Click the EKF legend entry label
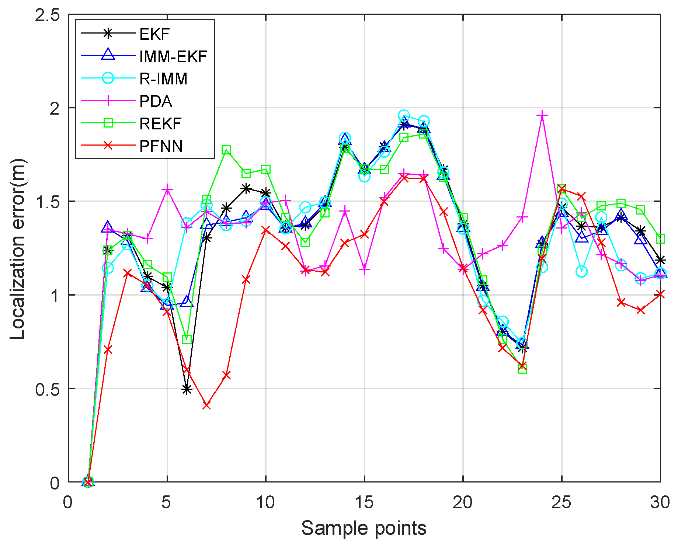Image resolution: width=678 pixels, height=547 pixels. click(x=154, y=34)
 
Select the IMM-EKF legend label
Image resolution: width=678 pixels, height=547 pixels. click(x=173, y=57)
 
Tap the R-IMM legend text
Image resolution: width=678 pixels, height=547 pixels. click(x=163, y=79)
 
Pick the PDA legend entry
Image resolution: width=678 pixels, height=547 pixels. click(x=156, y=101)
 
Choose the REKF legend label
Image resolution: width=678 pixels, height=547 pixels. click(x=160, y=124)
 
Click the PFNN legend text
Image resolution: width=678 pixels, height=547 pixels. click(x=161, y=146)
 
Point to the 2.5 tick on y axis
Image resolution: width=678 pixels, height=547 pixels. click(x=47, y=15)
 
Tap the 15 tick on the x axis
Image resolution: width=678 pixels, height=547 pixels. click(x=364, y=502)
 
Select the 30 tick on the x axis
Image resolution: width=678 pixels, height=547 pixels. click(x=660, y=502)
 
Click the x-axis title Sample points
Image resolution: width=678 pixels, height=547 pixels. click(x=364, y=528)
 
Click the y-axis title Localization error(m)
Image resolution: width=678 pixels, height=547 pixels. click(x=17, y=249)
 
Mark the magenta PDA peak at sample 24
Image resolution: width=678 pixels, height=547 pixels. click(x=542, y=115)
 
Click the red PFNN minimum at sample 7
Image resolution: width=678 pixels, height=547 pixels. click(x=206, y=405)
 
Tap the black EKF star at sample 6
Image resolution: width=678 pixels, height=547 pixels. click(x=187, y=390)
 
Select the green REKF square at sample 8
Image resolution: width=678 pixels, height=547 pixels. click(x=226, y=150)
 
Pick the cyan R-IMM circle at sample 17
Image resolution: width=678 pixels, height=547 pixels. click(x=404, y=115)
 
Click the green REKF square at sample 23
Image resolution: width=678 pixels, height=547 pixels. click(x=522, y=369)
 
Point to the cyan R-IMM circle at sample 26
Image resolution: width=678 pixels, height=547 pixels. click(x=581, y=272)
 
